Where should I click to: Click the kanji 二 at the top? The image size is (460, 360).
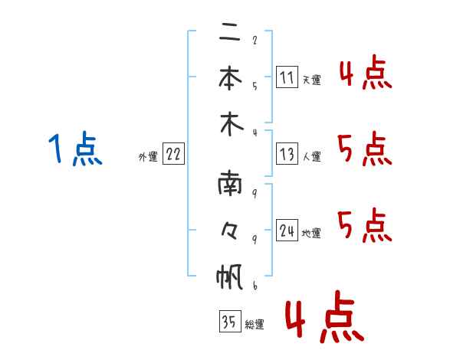pos(230,32)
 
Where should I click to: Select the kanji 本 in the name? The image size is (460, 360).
pos(230,77)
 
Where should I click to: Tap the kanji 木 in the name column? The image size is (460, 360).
pos(232,124)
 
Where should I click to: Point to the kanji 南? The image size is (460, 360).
pos(230,184)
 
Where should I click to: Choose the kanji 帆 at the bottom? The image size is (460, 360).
pos(230,277)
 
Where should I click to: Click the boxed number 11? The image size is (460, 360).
pos(287,77)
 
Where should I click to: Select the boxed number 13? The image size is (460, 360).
pos(287,154)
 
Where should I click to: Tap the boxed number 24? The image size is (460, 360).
pos(287,230)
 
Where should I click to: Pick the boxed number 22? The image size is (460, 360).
pos(173,154)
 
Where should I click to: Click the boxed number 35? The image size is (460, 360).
pos(230,321)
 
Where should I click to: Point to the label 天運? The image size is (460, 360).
pos(312,80)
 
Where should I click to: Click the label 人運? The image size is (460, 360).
pos(312,156)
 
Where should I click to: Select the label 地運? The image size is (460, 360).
pos(311,234)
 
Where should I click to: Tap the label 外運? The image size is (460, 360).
pos(148,156)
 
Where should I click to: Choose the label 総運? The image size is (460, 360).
pos(255,325)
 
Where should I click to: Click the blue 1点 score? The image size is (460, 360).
pos(75,148)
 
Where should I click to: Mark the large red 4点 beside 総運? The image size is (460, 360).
pos(325,316)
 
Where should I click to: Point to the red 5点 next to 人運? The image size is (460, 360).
pos(365,149)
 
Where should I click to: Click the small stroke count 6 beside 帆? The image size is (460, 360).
pos(255,286)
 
